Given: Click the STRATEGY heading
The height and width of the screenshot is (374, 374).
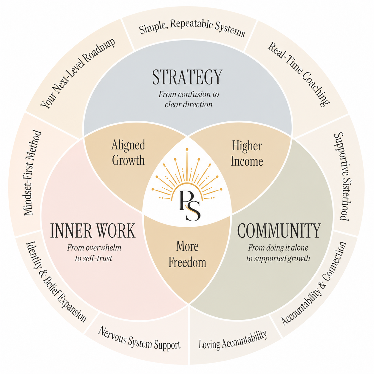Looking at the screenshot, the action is click(187, 77).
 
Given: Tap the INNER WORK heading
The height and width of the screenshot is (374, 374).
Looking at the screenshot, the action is click(93, 231).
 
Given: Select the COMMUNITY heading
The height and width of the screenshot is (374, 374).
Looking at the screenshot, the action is click(279, 231).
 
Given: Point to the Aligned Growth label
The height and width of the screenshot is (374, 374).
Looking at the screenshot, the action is click(128, 152).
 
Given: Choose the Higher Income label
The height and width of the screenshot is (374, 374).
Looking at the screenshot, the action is click(247, 154).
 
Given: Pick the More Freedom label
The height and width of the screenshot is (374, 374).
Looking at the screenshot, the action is click(187, 254).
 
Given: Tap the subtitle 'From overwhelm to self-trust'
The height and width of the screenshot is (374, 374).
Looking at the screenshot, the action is click(94, 253).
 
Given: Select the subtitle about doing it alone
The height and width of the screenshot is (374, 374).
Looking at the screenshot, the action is click(278, 253).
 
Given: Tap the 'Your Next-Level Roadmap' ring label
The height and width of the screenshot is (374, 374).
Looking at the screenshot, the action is click(78, 73).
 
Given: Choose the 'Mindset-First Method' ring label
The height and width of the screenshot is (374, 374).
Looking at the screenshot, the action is click(33, 173).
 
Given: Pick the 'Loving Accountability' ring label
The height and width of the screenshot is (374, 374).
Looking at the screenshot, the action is click(233, 340).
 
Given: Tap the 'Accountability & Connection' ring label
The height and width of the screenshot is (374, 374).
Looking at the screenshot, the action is click(314, 283).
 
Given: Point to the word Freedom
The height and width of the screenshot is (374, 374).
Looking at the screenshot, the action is click(187, 262).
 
